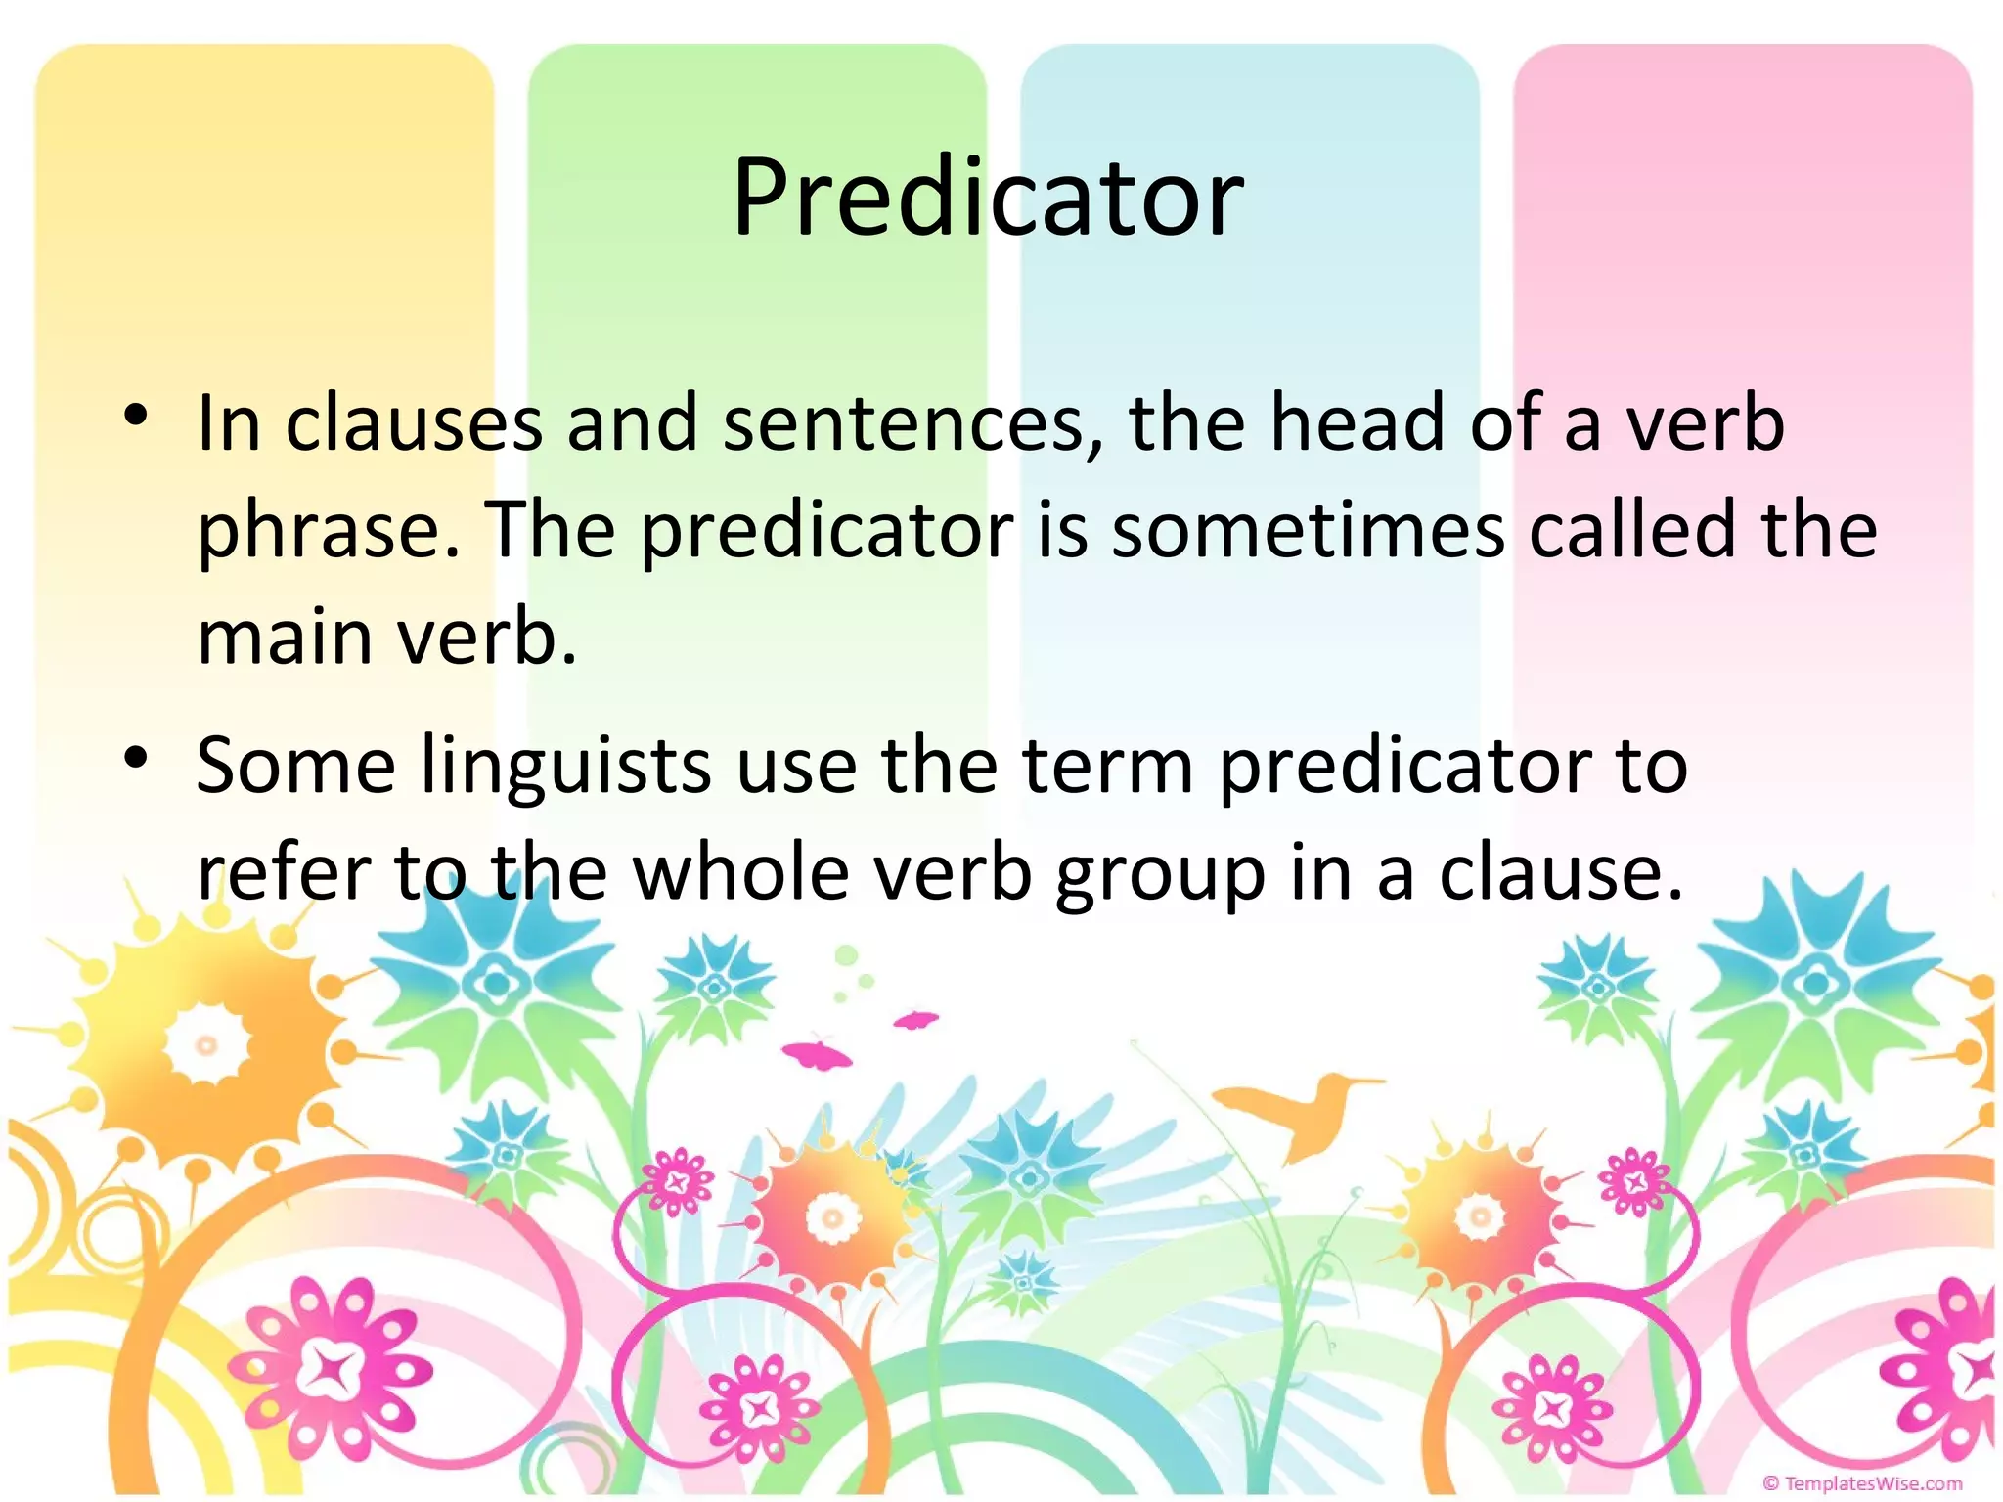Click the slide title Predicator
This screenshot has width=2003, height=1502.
coord(988,199)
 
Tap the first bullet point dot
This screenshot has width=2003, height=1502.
coord(136,416)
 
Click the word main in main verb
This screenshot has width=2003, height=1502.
coord(285,639)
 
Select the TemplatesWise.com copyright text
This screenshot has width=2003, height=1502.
coord(1862,1483)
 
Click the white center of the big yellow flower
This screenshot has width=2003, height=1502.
coord(206,1045)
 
